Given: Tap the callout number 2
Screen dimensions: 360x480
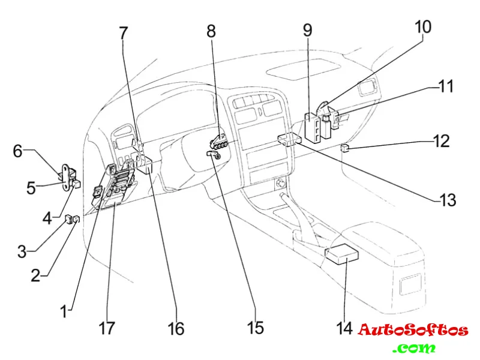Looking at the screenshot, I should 35,276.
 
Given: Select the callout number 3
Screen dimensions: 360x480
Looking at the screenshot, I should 22,251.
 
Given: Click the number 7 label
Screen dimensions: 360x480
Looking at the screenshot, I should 124,34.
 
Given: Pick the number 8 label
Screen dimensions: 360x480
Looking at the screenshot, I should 211,31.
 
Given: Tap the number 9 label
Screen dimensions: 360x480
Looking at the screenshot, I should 307,30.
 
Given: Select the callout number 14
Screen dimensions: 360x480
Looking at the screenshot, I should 345,328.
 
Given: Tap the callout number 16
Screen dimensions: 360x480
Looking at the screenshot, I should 176,328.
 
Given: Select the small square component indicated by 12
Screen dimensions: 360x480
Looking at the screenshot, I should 344,147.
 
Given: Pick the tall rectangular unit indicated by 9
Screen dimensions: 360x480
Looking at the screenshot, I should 313,127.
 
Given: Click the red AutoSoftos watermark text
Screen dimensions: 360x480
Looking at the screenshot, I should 413,330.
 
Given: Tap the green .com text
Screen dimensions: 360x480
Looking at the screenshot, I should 414,347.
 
